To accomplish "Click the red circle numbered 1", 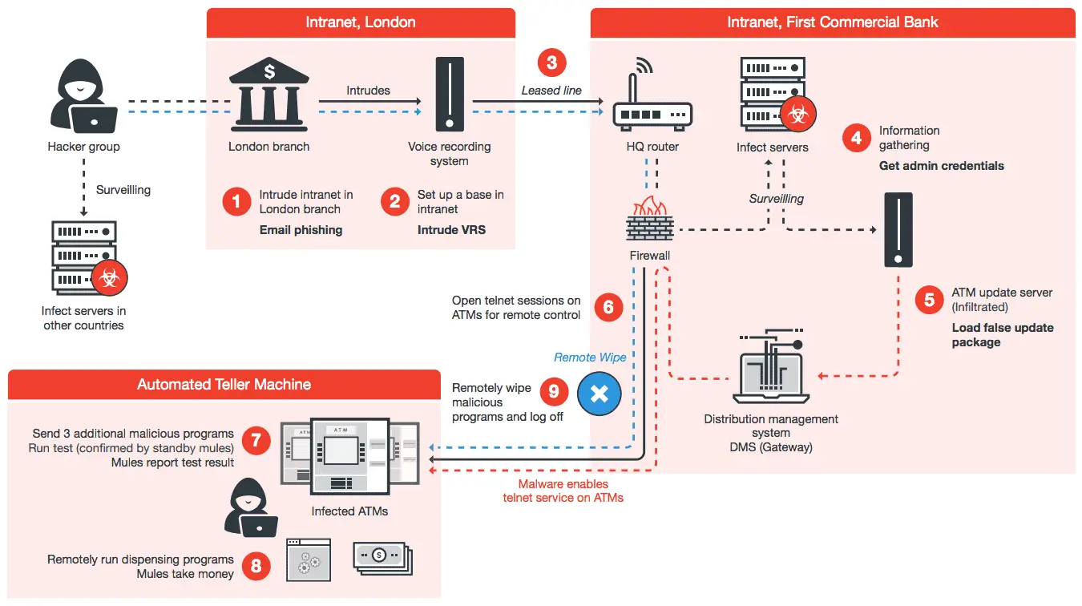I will point(236,201).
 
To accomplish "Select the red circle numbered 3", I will point(551,63).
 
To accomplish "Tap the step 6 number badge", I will point(608,307).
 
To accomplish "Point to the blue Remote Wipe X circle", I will point(599,393).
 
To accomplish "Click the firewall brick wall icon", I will point(649,222).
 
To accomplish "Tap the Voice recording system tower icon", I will point(449,95).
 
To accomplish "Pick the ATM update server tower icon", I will point(898,229).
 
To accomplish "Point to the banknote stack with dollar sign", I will point(382,555).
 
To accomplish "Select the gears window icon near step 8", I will point(309,559).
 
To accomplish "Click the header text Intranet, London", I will point(360,22).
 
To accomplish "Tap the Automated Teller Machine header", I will point(224,385).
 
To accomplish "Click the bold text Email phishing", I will point(301,230).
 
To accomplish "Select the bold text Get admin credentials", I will point(941,166).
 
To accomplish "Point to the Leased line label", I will point(551,91).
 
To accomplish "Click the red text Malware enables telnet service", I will point(563,491).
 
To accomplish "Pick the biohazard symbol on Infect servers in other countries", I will point(110,279).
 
